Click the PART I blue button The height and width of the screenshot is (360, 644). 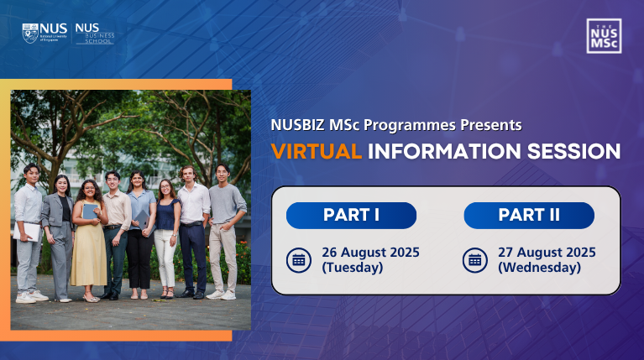[x=351, y=216]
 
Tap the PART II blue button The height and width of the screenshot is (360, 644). [x=529, y=216]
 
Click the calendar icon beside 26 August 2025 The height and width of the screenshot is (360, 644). [x=299, y=260]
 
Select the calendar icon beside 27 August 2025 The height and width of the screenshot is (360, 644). [x=475, y=260]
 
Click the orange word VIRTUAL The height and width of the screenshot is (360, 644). [x=317, y=152]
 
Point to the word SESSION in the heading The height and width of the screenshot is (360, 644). [x=573, y=152]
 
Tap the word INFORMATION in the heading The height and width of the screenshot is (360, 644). [x=444, y=152]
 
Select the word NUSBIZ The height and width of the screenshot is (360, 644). [x=298, y=125]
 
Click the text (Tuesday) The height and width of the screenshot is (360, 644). [x=353, y=268]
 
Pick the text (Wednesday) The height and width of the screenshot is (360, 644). [x=539, y=268]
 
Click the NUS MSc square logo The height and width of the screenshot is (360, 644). [x=604, y=36]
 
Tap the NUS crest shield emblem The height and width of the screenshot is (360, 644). [x=30, y=34]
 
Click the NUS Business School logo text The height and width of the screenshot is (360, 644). [x=95, y=34]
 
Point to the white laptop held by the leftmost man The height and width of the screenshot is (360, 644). [x=28, y=232]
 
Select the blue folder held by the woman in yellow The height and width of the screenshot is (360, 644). [x=90, y=211]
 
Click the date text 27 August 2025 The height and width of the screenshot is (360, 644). [x=547, y=252]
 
